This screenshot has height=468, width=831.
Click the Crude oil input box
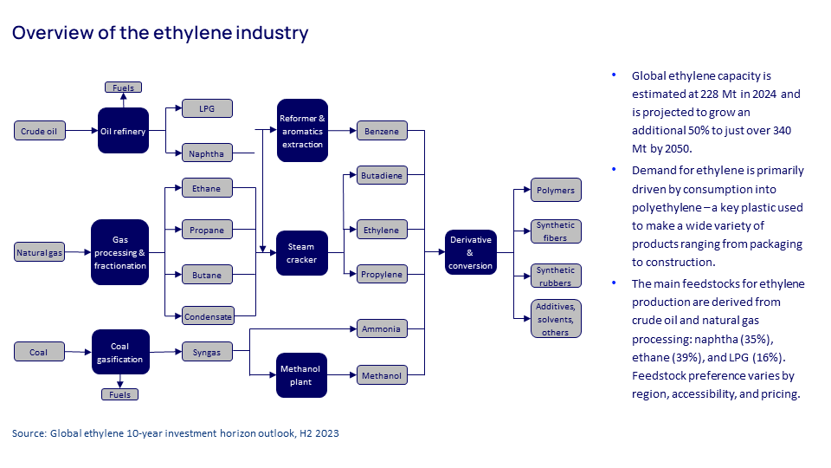[40, 131]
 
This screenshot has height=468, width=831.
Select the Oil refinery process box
[123, 131]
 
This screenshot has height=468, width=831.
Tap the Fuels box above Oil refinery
[123, 88]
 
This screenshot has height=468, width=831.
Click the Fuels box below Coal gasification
[119, 394]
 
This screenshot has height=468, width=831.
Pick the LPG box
[207, 108]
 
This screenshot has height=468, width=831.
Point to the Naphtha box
[207, 154]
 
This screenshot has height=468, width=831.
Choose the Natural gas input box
[40, 253]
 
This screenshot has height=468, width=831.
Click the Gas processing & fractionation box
[119, 252]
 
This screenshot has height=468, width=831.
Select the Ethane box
[207, 188]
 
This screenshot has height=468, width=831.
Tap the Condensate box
[208, 316]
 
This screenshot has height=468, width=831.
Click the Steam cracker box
[302, 253]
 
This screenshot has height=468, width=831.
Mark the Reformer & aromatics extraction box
[302, 131]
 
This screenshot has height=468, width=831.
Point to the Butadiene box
[381, 176]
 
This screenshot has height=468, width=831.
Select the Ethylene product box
[381, 231]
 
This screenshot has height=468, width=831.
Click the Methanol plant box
[302, 375]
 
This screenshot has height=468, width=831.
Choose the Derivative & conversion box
[472, 252]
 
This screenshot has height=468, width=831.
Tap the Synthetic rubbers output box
[555, 276]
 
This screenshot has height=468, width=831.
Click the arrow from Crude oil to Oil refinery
[81, 131]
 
